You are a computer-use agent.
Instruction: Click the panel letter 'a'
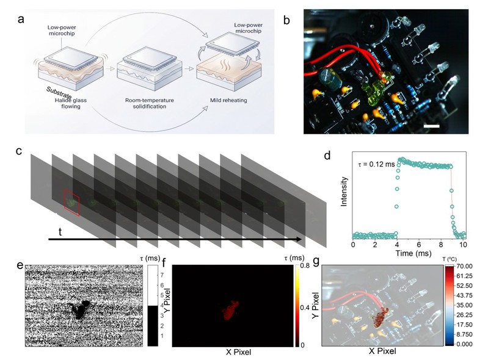click(21, 20)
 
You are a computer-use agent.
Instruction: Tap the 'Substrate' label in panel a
click(59, 93)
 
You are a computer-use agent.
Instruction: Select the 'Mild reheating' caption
click(228, 100)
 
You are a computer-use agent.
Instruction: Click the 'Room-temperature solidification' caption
click(150, 103)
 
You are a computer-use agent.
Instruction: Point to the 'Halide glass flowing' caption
click(71, 103)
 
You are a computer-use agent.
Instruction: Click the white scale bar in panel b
click(432, 126)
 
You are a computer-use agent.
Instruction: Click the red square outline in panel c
click(72, 203)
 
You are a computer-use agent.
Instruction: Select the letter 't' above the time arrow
click(60, 232)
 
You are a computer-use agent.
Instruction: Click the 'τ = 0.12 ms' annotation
click(376, 164)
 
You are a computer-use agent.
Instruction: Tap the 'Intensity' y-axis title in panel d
click(344, 192)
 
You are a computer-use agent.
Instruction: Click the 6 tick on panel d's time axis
click(419, 244)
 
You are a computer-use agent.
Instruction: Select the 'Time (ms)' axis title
click(413, 253)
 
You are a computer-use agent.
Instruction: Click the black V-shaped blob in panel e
click(79, 309)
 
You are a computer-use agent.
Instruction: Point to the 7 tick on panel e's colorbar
click(162, 275)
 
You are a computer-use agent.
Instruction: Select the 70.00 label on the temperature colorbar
click(464, 266)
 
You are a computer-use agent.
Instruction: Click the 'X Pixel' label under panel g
click(382, 351)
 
